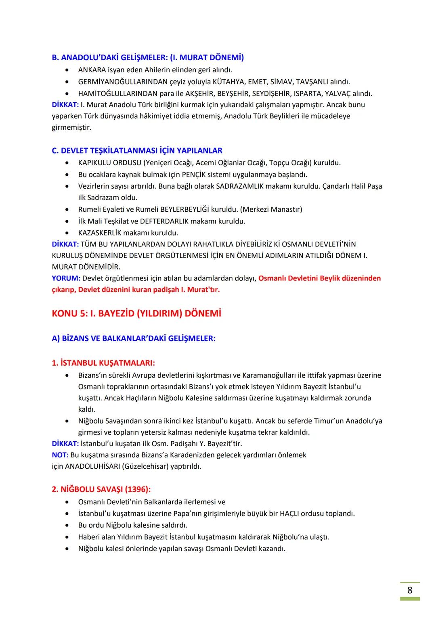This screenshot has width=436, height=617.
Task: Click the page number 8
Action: click(410, 590)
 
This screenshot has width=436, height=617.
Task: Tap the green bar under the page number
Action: click(410, 599)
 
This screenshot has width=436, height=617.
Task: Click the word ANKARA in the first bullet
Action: click(92, 70)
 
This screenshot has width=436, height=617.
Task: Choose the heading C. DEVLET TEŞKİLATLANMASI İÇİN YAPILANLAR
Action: click(137, 151)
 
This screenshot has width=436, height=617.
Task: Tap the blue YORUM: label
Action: click(66, 278)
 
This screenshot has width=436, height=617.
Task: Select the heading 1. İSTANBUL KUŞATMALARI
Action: click(103, 363)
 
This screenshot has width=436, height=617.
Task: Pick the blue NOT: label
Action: click(60, 455)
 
